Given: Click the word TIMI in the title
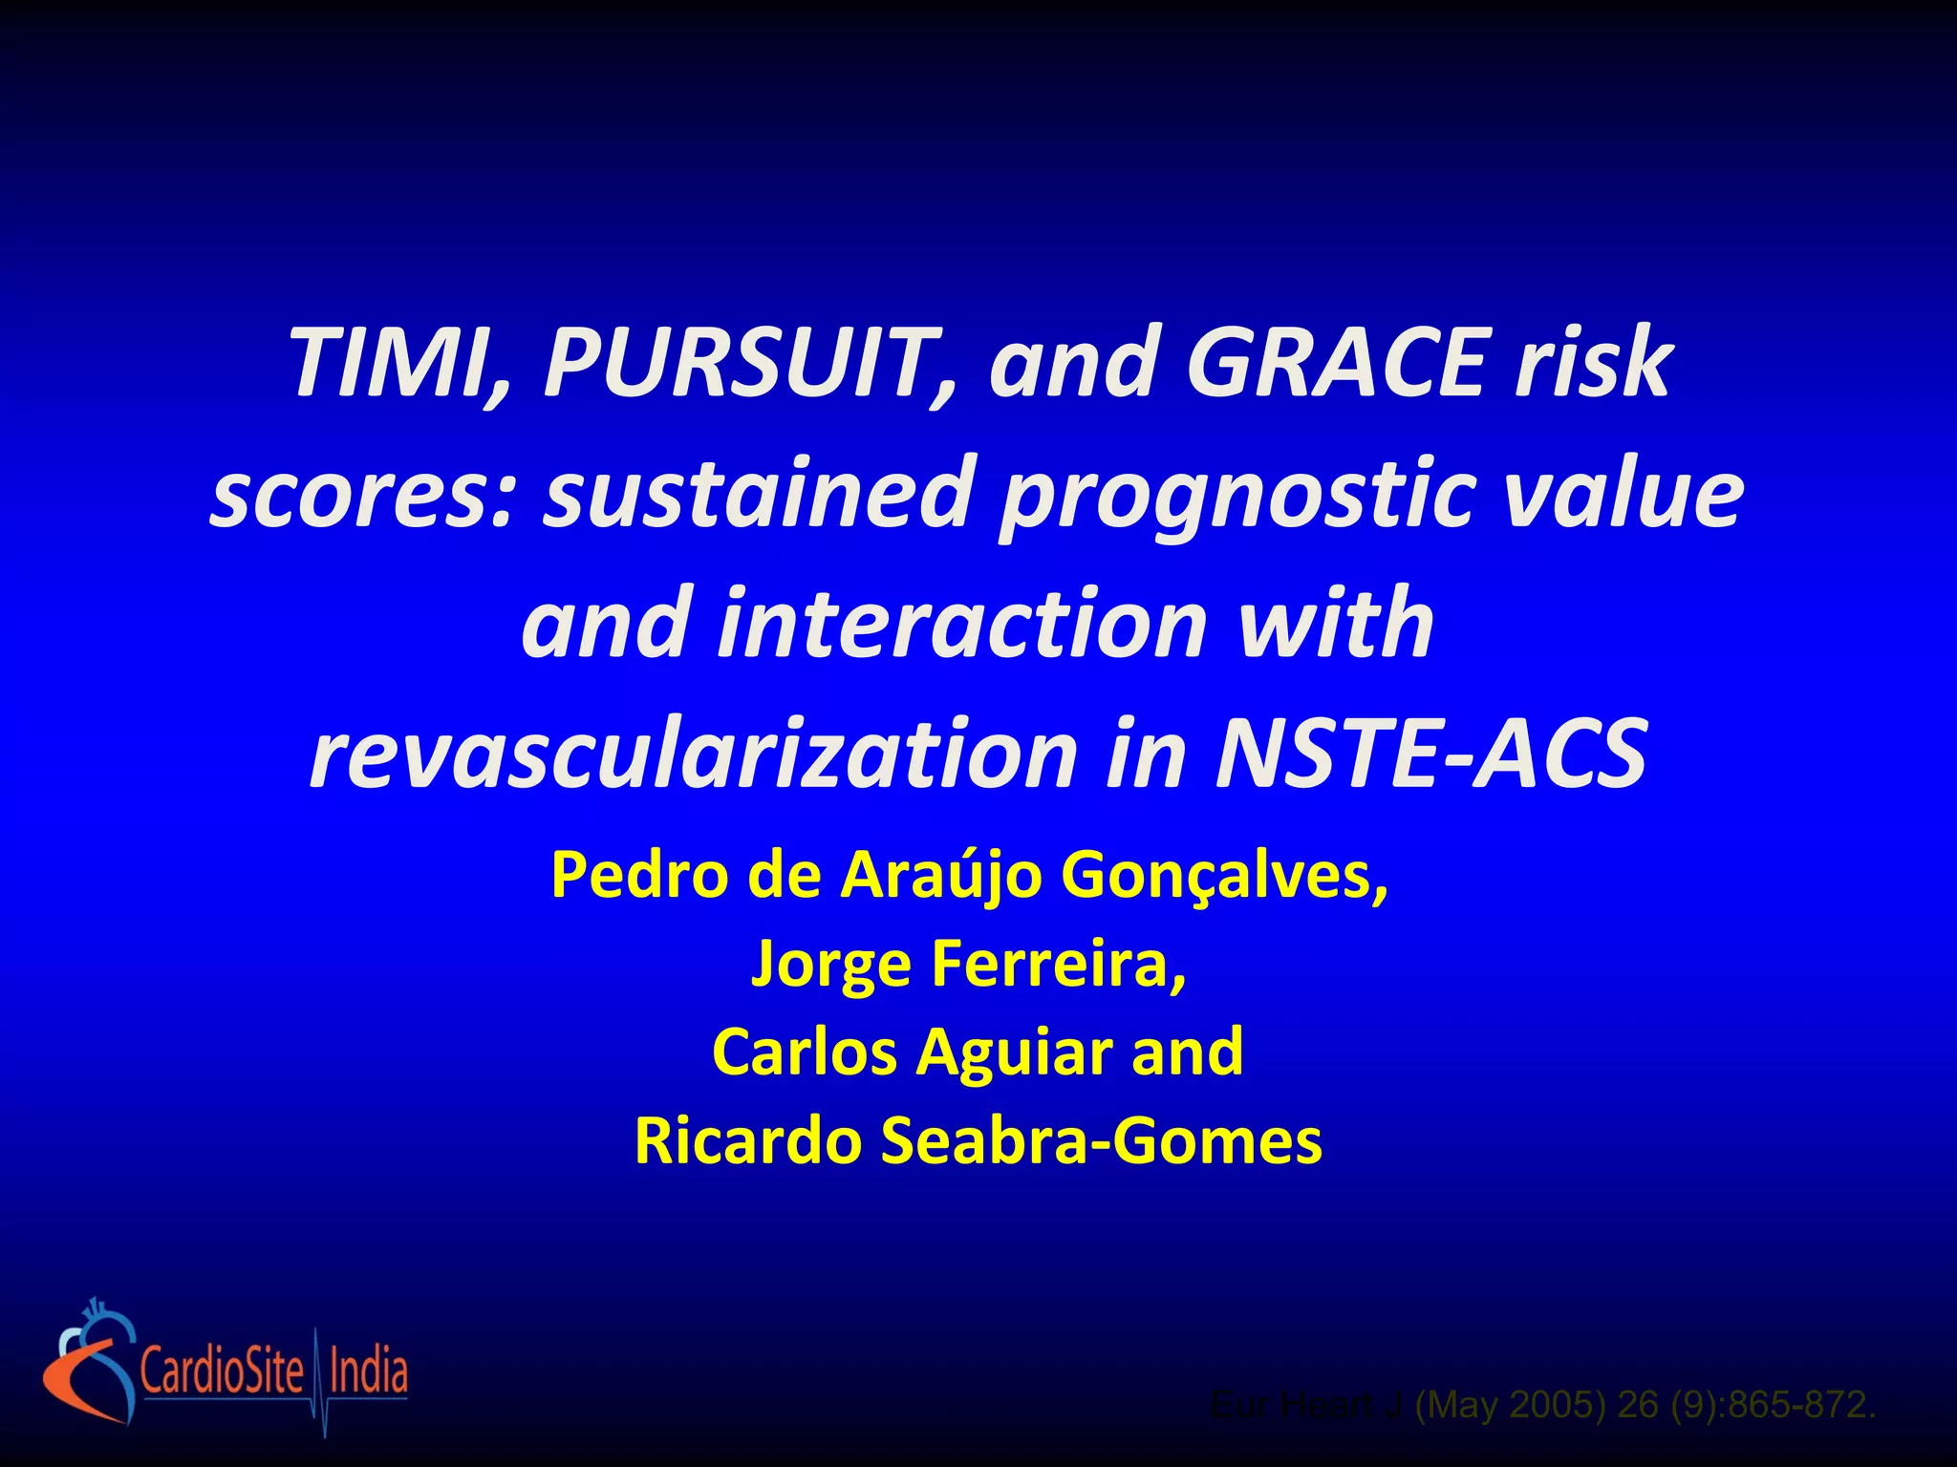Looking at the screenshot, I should click(x=392, y=364).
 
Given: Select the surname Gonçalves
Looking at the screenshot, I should click(x=1224, y=875).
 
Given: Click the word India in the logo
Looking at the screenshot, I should click(x=368, y=1371).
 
